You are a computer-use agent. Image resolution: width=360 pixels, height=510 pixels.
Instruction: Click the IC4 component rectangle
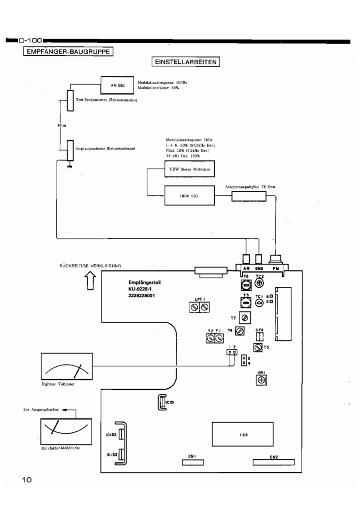(244, 435)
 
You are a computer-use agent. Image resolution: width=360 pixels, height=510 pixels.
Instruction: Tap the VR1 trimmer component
(261, 379)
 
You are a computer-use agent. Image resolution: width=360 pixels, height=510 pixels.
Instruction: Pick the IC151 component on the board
(161, 402)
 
